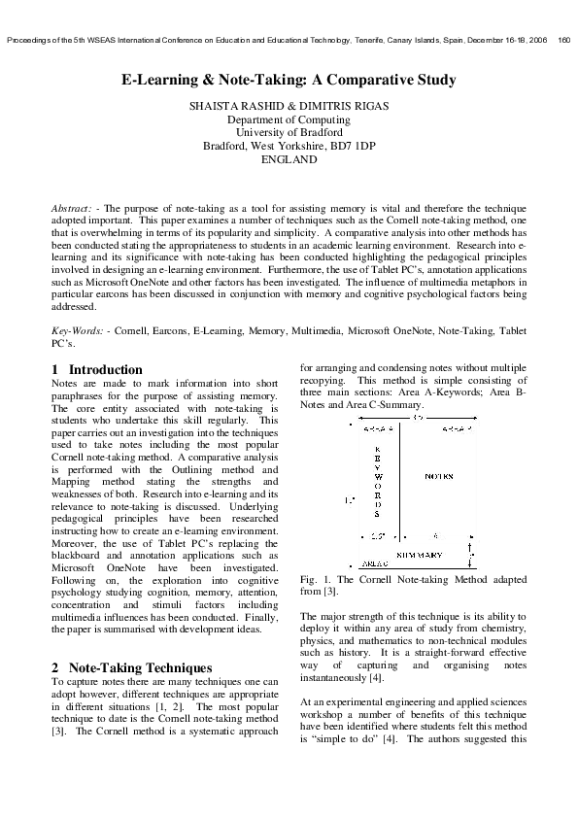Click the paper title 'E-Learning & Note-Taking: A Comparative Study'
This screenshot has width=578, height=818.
pos(289,80)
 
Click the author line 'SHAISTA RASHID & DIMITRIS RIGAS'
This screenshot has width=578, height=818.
pos(289,104)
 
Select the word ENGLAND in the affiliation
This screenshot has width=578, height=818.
pos(289,158)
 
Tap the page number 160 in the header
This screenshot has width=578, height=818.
pos(564,40)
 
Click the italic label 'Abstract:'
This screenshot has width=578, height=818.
pos(72,209)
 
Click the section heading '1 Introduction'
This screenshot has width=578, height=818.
pos(96,369)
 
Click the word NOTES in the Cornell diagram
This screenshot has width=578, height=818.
pos(439,477)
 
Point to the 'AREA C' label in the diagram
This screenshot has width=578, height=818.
pos(375,563)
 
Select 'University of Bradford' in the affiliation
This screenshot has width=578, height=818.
pos(289,131)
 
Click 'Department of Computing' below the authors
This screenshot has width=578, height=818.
pos(289,118)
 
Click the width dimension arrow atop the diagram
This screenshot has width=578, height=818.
pos(418,419)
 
